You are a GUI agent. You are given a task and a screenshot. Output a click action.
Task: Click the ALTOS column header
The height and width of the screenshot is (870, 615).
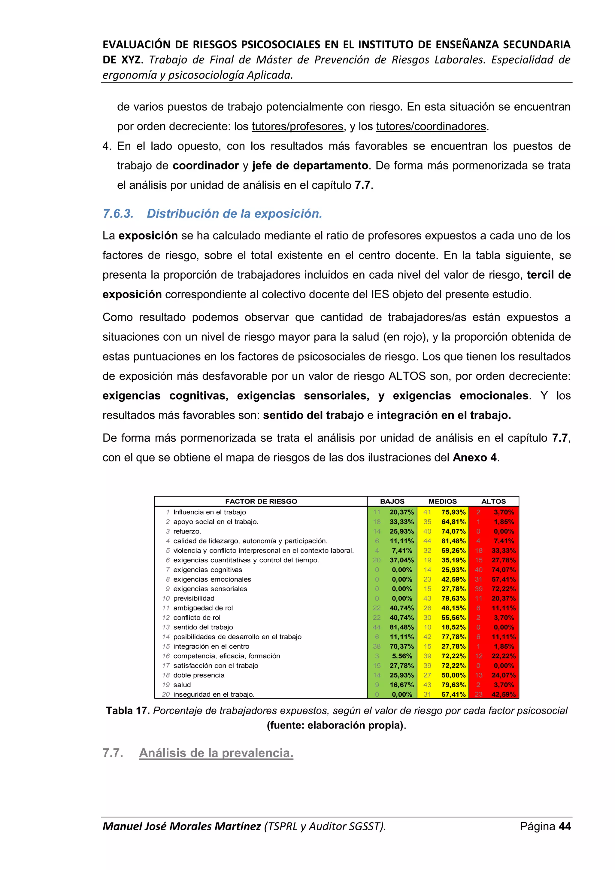coord(493,501)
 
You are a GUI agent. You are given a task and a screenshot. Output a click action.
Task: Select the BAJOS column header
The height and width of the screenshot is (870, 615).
coord(392,501)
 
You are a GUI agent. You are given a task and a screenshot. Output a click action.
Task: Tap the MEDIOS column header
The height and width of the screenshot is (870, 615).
coord(442,501)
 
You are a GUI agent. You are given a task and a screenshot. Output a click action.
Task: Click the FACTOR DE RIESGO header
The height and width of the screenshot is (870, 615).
coord(261,501)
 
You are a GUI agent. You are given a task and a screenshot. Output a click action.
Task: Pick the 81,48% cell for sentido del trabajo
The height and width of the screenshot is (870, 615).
coord(401,627)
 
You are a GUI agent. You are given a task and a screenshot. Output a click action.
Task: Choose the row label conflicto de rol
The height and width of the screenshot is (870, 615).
coord(197,618)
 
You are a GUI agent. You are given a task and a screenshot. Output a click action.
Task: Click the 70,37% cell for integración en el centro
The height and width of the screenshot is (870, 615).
coord(401,646)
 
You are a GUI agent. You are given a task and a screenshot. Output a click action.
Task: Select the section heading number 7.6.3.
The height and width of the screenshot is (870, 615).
coord(118,214)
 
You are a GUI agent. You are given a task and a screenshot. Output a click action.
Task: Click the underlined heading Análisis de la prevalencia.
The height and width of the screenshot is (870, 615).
coord(216,753)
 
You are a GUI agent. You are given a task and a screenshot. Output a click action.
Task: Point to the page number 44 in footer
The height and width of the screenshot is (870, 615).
coord(564,826)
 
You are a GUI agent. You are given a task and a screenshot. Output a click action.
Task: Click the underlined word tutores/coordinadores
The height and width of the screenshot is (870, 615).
coord(431,126)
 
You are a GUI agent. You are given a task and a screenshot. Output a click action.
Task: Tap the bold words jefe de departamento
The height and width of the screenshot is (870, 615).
coord(310,166)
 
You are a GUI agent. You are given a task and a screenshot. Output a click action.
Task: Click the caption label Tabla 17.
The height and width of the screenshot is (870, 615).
coord(128,710)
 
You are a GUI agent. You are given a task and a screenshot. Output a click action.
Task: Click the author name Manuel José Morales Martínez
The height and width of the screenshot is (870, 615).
coord(181,826)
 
